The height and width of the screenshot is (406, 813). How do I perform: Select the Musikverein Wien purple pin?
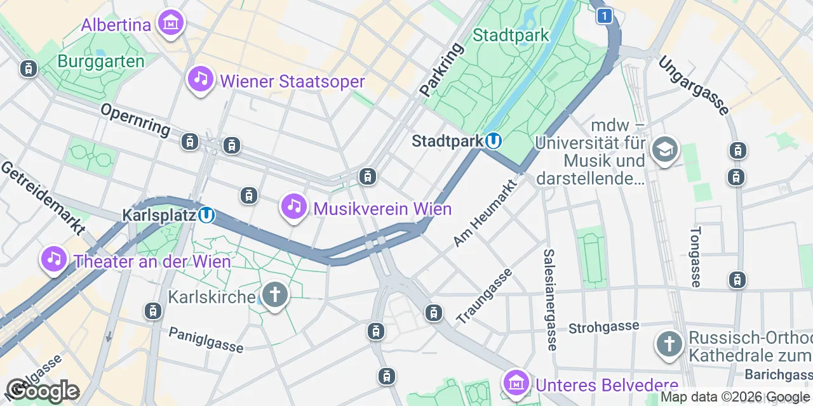click(293, 207)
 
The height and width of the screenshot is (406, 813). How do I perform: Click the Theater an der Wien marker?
click(55, 259)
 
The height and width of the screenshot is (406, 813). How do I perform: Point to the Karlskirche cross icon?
click(275, 296)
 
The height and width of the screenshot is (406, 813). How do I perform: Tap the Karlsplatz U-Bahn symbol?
click(206, 216)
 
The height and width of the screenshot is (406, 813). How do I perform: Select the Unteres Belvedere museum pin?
click(516, 383)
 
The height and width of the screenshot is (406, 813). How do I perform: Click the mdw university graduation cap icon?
click(665, 150)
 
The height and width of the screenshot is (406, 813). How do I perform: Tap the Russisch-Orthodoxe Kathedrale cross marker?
click(669, 344)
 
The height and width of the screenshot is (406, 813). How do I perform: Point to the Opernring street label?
click(135, 119)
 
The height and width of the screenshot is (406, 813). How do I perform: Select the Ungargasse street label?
click(693, 86)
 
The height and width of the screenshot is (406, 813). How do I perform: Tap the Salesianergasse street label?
click(550, 299)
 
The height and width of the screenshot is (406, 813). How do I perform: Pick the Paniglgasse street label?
click(206, 339)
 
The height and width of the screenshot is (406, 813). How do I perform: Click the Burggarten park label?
click(101, 62)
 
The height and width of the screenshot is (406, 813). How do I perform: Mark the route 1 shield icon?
click(605, 16)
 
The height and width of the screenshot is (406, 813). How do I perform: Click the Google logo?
click(43, 391)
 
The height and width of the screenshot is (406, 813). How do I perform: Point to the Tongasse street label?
click(696, 257)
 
